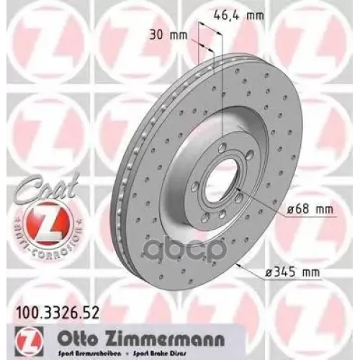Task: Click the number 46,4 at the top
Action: pyautogui.click(x=229, y=12)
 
